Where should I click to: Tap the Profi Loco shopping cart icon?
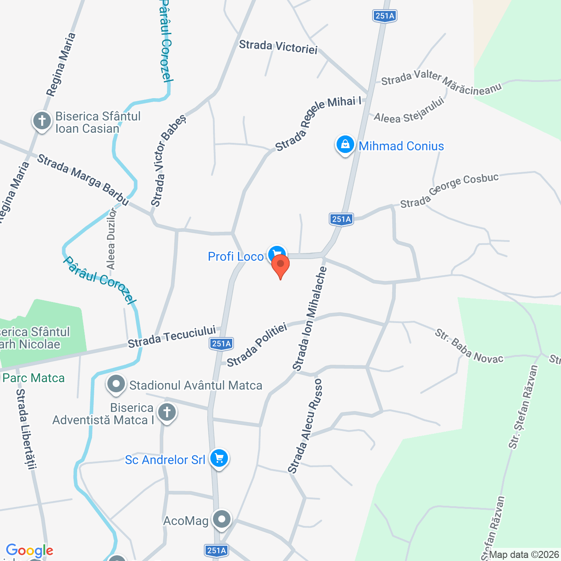point(276,254)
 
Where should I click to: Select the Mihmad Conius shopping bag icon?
point(345,144)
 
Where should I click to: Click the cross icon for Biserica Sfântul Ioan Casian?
point(42,120)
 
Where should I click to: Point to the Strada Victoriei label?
point(278,46)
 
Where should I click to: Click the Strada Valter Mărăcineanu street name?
point(441,82)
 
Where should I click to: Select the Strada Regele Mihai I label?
point(318,124)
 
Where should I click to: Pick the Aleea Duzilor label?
point(111,239)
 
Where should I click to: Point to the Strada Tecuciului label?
point(172,336)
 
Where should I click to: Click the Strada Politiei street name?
point(257,344)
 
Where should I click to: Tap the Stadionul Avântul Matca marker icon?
point(116,384)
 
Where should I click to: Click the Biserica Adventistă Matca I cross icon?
point(167,412)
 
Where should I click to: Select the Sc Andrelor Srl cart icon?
point(219,458)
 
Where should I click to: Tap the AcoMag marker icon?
point(221,519)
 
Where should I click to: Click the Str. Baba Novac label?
point(469,346)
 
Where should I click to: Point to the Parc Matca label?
point(34,378)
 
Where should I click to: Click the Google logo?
point(30,550)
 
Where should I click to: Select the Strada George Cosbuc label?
point(449,191)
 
